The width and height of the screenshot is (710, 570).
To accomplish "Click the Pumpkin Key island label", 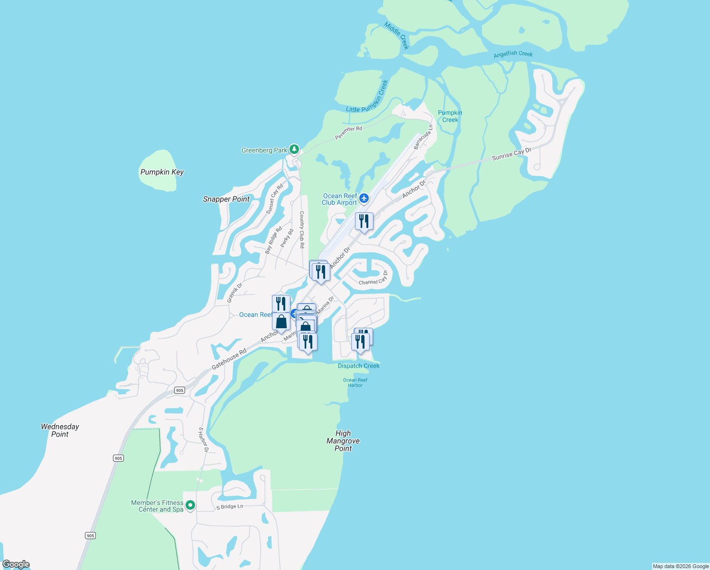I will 162,172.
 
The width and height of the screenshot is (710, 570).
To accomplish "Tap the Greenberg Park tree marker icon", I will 294,150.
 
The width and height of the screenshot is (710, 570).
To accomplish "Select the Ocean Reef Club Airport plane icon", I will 364,198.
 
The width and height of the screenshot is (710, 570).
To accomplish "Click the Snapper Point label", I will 226,199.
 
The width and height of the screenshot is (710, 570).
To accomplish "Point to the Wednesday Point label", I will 60,430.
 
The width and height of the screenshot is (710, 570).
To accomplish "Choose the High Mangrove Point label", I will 343,441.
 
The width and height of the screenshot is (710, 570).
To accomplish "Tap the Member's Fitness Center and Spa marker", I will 190,505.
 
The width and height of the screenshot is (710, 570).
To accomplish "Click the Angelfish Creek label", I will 513,54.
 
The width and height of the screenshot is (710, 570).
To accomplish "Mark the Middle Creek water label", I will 397,36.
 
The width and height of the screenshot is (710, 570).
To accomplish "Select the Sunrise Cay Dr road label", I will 512,154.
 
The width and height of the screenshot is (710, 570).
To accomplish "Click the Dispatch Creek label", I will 358,366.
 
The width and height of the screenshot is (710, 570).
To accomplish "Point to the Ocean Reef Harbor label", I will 355,382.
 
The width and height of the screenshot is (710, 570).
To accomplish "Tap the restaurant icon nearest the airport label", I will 364,221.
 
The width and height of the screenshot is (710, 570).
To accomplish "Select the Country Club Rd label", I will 302,230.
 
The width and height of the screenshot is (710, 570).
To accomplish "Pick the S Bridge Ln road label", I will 230,507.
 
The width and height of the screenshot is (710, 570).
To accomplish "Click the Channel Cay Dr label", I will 374,279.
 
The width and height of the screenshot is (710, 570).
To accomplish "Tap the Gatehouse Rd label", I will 229,359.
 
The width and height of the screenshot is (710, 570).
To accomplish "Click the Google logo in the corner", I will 16,564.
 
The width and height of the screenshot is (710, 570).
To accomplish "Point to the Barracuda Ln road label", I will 423,137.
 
